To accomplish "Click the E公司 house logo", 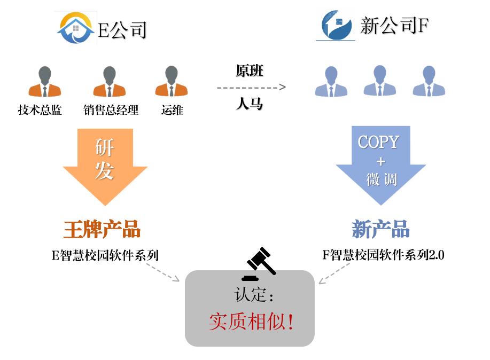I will click(x=76, y=27).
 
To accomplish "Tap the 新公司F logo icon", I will click(x=336, y=25).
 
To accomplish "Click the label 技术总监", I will click(x=40, y=110).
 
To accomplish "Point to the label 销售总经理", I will click(x=111, y=110).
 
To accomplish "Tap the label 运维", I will click(x=172, y=110).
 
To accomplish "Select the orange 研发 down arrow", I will click(x=105, y=165).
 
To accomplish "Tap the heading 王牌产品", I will click(x=102, y=229).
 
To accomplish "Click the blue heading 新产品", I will click(x=380, y=229).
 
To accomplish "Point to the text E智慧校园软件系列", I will click(x=105, y=255).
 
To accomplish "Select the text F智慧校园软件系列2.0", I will click(x=383, y=255).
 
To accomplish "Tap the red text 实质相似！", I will click(x=251, y=322).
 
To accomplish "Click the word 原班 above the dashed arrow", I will click(x=250, y=71).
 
